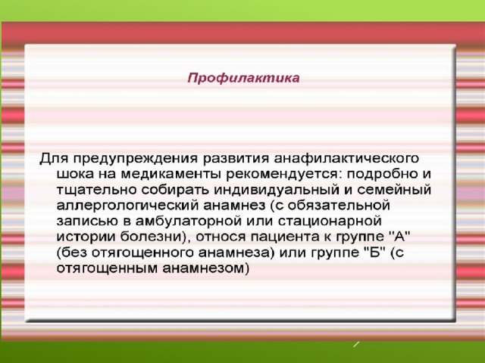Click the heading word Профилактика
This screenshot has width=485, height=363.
243,78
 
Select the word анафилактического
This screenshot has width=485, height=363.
346,159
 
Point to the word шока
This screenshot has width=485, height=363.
75,175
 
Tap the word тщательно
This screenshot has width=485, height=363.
96,190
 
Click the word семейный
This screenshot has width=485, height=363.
394,190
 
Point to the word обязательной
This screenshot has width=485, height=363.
339,205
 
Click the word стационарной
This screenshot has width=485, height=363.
330,222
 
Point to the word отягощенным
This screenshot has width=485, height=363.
108,268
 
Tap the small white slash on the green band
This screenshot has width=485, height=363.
356,344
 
